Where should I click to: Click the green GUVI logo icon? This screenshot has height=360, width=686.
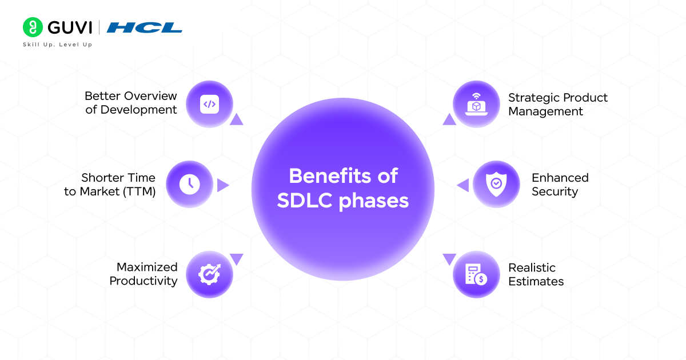click(x=33, y=27)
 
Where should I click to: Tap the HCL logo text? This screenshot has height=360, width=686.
click(x=144, y=27)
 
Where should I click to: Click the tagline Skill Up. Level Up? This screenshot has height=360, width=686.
click(x=57, y=45)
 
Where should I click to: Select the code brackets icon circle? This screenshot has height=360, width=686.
click(x=210, y=104)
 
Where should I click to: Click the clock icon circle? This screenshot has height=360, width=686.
click(x=189, y=184)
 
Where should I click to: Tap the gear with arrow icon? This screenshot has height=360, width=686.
click(x=210, y=274)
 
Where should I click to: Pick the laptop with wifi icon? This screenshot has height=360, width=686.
click(x=476, y=104)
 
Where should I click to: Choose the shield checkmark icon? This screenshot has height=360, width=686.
click(x=496, y=184)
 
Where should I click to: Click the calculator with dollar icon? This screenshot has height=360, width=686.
click(x=476, y=274)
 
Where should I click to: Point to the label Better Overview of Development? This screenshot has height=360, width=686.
click(x=131, y=103)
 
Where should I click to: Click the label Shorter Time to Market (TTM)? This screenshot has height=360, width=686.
click(x=110, y=185)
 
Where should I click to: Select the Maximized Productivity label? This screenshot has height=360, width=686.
click(x=143, y=274)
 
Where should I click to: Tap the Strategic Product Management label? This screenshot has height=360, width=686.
click(x=557, y=105)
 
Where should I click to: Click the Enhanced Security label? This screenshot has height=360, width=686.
click(x=560, y=185)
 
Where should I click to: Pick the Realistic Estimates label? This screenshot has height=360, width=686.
click(x=536, y=274)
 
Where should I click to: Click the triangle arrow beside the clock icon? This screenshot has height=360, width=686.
click(x=222, y=185)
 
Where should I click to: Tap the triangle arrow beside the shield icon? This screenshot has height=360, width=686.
click(x=463, y=185)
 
